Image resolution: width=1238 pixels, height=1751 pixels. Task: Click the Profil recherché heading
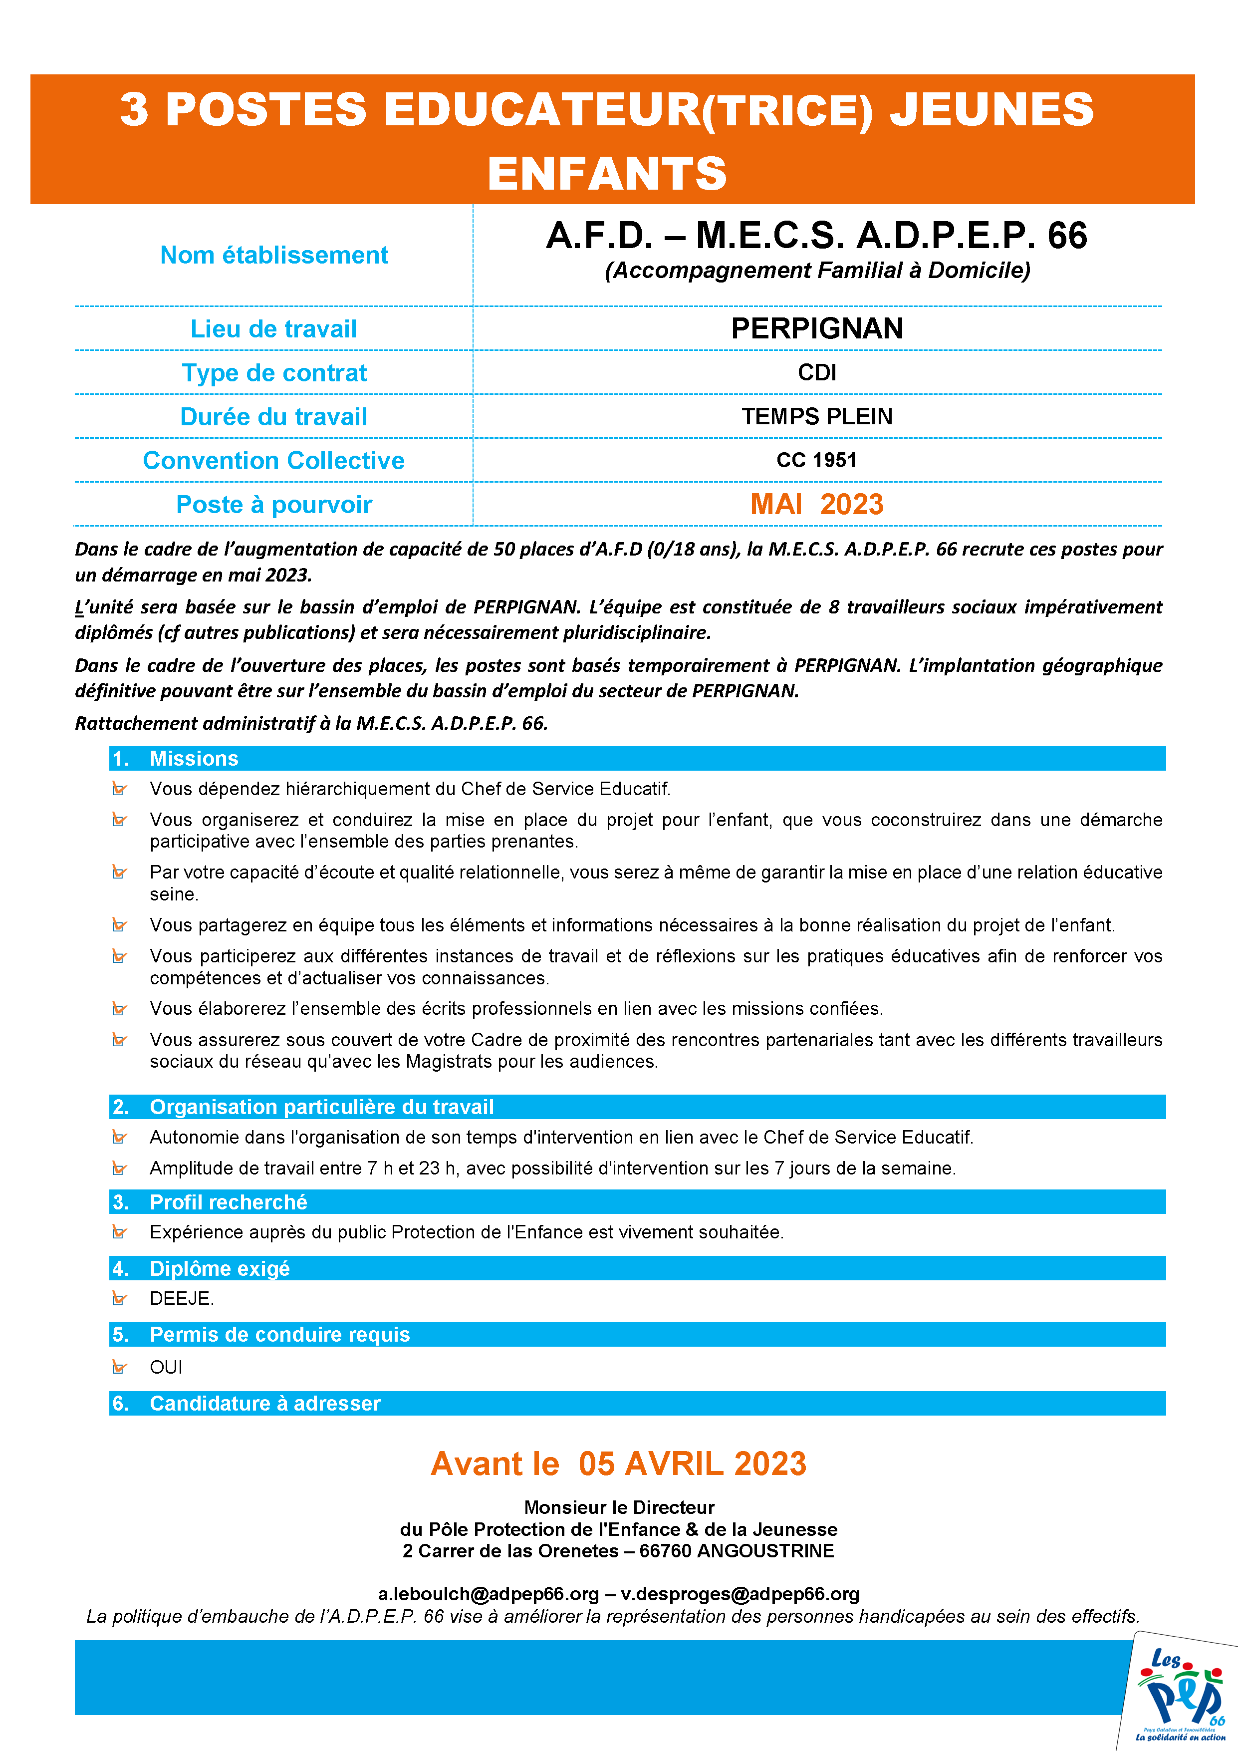pyautogui.click(x=228, y=1202)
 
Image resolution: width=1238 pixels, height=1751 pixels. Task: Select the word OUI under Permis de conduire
pyautogui.click(x=166, y=1367)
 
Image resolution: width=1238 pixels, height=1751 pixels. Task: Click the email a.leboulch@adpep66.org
pyautogui.click(x=488, y=1594)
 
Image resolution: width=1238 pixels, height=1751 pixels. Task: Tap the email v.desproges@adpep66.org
pyautogui.click(x=740, y=1594)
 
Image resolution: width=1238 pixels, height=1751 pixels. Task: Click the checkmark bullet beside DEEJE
pyautogui.click(x=119, y=1299)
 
